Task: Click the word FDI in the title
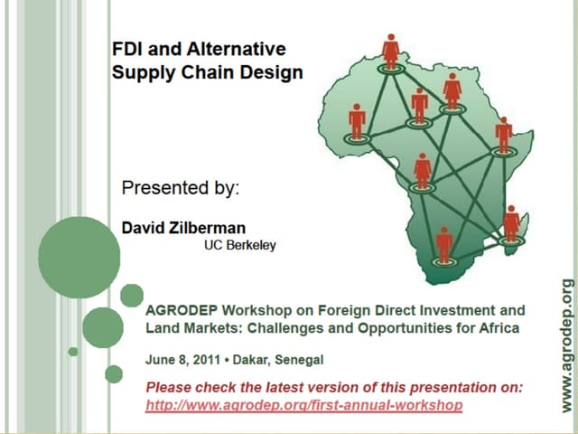pos(126,49)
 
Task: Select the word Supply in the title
pos(138,71)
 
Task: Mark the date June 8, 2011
pos(180,359)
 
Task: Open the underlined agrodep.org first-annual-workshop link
pos(303,405)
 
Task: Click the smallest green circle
pos(73,351)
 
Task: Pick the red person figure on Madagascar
pos(511,223)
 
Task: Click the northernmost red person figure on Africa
pos(390,51)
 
